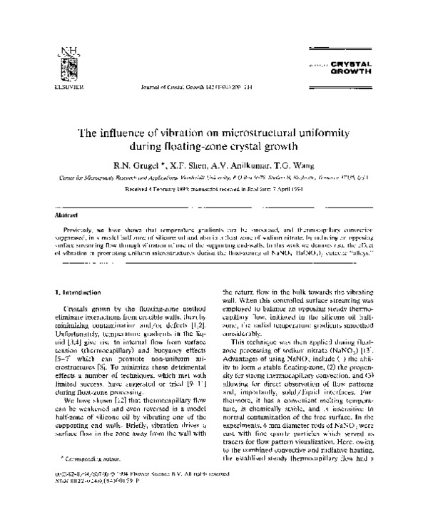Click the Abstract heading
pyautogui.click(x=67, y=214)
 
